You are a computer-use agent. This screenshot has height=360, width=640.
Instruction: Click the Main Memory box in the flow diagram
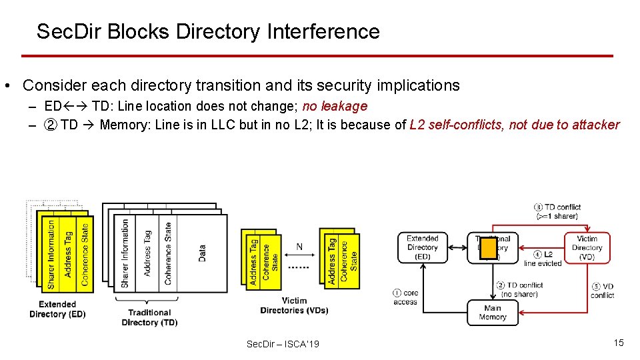(492, 313)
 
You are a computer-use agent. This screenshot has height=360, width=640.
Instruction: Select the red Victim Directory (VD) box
(587, 247)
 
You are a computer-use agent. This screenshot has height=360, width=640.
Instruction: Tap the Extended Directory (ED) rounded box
(423, 247)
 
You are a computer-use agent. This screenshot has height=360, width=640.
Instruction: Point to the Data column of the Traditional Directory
(203, 253)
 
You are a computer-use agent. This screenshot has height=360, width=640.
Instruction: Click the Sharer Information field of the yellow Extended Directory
(51, 254)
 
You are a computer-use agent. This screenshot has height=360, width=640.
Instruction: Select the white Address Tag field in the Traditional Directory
(147, 254)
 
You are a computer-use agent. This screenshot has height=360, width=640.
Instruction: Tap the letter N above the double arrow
(299, 247)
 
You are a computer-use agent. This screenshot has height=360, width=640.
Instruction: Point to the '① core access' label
(406, 297)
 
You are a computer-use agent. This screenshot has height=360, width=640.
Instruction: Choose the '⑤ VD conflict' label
(602, 291)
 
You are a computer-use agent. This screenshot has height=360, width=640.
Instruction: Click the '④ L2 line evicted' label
(543, 259)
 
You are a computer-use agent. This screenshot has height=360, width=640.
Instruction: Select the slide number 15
(619, 343)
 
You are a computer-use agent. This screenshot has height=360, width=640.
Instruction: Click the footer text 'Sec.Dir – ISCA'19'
(283, 344)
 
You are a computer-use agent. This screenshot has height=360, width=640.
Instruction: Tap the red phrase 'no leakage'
(335, 106)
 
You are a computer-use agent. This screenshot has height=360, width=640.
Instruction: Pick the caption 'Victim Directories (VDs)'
(294, 305)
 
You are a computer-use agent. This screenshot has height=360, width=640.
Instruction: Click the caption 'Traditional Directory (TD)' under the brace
(149, 317)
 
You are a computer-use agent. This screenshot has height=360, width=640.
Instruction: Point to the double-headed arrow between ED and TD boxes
(461, 247)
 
